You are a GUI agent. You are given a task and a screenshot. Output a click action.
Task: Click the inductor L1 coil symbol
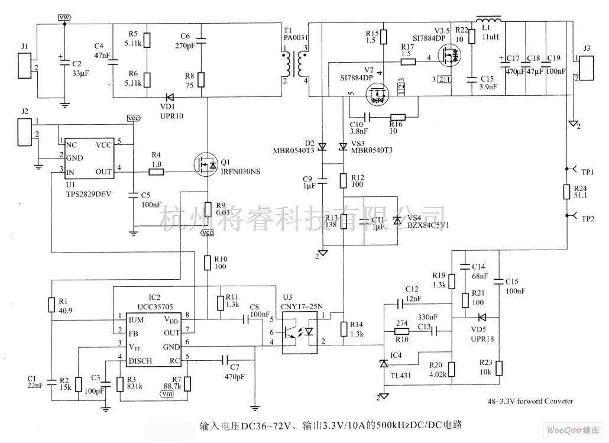[x=488, y=22]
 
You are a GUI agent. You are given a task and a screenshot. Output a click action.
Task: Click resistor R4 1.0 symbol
[x=157, y=172]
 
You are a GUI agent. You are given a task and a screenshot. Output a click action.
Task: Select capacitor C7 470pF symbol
[x=225, y=358]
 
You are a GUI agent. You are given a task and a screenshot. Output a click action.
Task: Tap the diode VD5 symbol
[x=481, y=318]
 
